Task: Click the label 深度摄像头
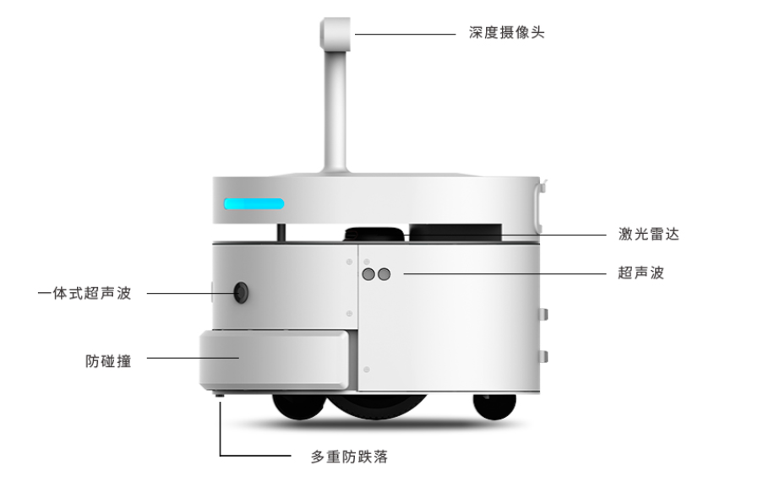506,32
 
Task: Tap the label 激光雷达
649,234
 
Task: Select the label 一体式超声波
85,293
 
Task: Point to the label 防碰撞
108,361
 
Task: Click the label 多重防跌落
349,457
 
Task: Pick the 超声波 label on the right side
641,273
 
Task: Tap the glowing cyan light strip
254,203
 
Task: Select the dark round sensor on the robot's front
241,293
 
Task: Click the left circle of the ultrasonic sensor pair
368,274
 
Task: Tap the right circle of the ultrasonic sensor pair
384,274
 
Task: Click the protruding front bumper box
275,360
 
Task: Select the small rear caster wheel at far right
494,406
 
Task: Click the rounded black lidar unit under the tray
374,234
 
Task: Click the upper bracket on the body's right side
543,314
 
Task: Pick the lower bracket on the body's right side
543,356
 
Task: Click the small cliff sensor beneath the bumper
220,395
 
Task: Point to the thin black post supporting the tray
281,232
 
